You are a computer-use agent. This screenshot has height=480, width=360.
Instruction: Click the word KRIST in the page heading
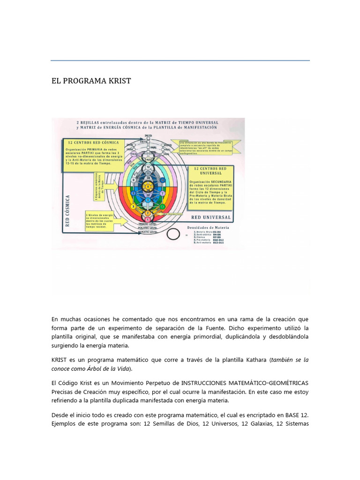click(119, 81)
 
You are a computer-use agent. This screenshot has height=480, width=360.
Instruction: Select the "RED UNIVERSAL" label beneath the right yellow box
click(211, 217)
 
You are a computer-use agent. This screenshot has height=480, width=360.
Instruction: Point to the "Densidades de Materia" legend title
click(206, 227)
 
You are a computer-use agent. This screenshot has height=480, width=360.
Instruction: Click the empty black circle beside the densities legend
click(172, 234)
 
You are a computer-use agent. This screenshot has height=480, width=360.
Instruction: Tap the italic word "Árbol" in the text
click(105, 368)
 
